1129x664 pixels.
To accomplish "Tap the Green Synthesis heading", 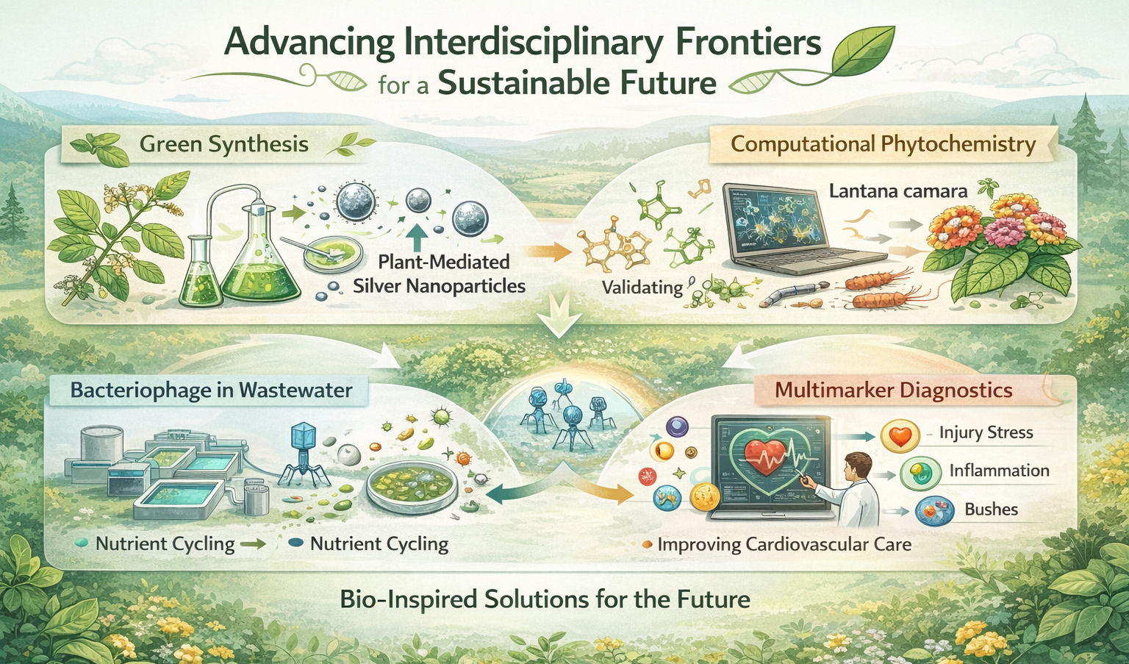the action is click(x=223, y=144).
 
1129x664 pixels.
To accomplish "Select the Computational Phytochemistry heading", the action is click(x=883, y=144).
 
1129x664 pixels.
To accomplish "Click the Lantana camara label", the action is click(x=898, y=192).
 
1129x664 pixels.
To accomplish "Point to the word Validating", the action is click(x=642, y=288).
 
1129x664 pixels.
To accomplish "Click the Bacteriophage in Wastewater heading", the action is click(x=211, y=390).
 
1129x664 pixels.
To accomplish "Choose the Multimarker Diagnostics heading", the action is click(x=894, y=390).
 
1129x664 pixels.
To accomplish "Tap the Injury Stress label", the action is click(x=986, y=432).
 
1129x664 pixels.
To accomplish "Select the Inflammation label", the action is click(x=1000, y=471).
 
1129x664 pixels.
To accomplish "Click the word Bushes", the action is click(x=991, y=510).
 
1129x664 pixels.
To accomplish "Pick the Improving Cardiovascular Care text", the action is click(x=784, y=545).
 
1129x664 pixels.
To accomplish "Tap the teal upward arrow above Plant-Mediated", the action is click(x=416, y=238).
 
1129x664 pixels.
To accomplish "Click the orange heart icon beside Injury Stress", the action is click(x=900, y=435).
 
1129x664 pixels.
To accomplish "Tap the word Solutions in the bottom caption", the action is click(x=537, y=599).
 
